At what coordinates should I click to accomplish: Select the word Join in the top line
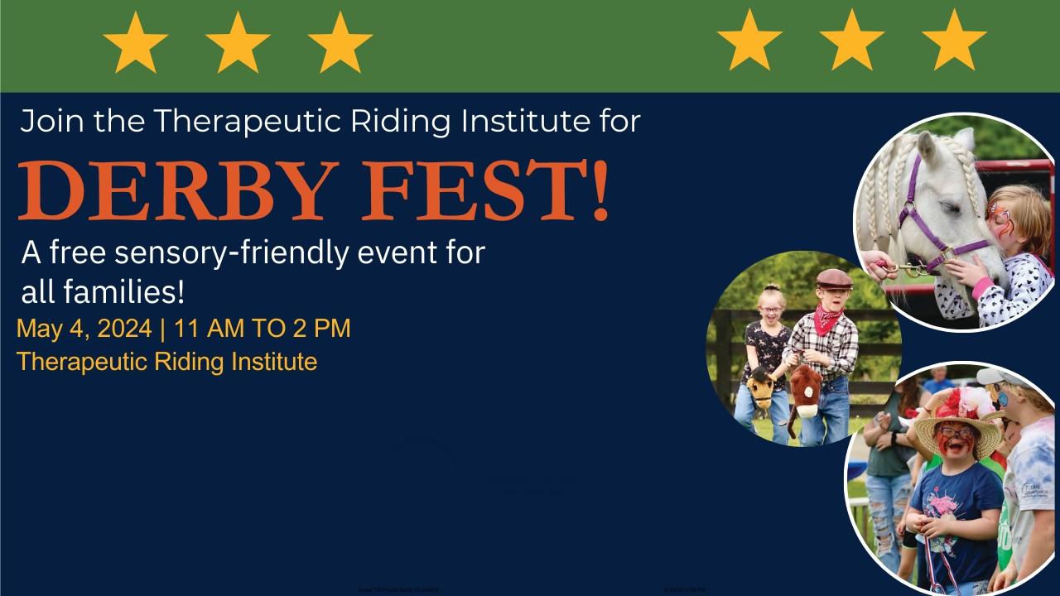pos(51,122)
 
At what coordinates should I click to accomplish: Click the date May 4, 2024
pos(84,329)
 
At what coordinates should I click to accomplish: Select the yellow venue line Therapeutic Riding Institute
pos(166,362)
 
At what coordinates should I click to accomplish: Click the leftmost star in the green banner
pos(136,41)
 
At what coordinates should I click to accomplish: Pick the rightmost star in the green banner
pos(954,41)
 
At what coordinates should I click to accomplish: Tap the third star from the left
pos(340,41)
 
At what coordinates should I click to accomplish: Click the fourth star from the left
pos(749,41)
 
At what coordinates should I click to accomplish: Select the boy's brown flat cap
pos(833,280)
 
